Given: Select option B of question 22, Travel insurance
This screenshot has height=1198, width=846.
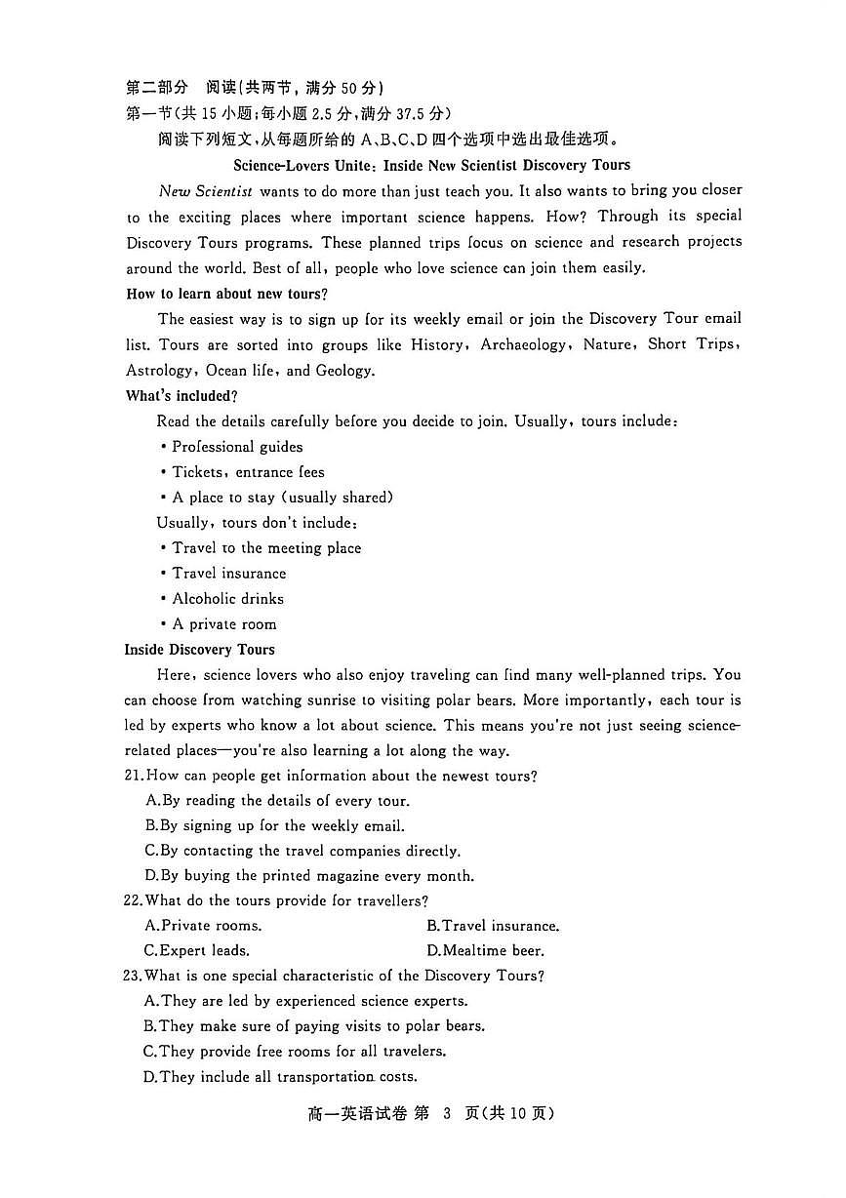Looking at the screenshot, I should (x=493, y=926).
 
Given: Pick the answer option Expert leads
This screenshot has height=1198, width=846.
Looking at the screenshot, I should (x=197, y=951).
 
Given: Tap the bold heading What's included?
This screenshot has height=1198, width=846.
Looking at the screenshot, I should (x=181, y=396).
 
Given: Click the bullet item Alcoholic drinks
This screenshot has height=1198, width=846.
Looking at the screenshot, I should (x=227, y=599).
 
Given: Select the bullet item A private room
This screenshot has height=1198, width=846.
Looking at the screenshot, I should (x=224, y=624).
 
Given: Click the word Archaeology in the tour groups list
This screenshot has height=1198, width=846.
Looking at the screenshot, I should (x=523, y=345).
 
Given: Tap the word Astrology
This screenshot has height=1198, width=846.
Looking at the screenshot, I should (x=160, y=371).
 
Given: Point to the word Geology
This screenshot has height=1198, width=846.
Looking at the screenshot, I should (x=344, y=371).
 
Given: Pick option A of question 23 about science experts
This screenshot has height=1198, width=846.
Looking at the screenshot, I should (x=305, y=1001).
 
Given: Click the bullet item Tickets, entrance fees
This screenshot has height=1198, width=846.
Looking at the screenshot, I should (x=248, y=472).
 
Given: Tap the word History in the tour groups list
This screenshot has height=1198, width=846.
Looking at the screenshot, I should (x=437, y=345).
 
